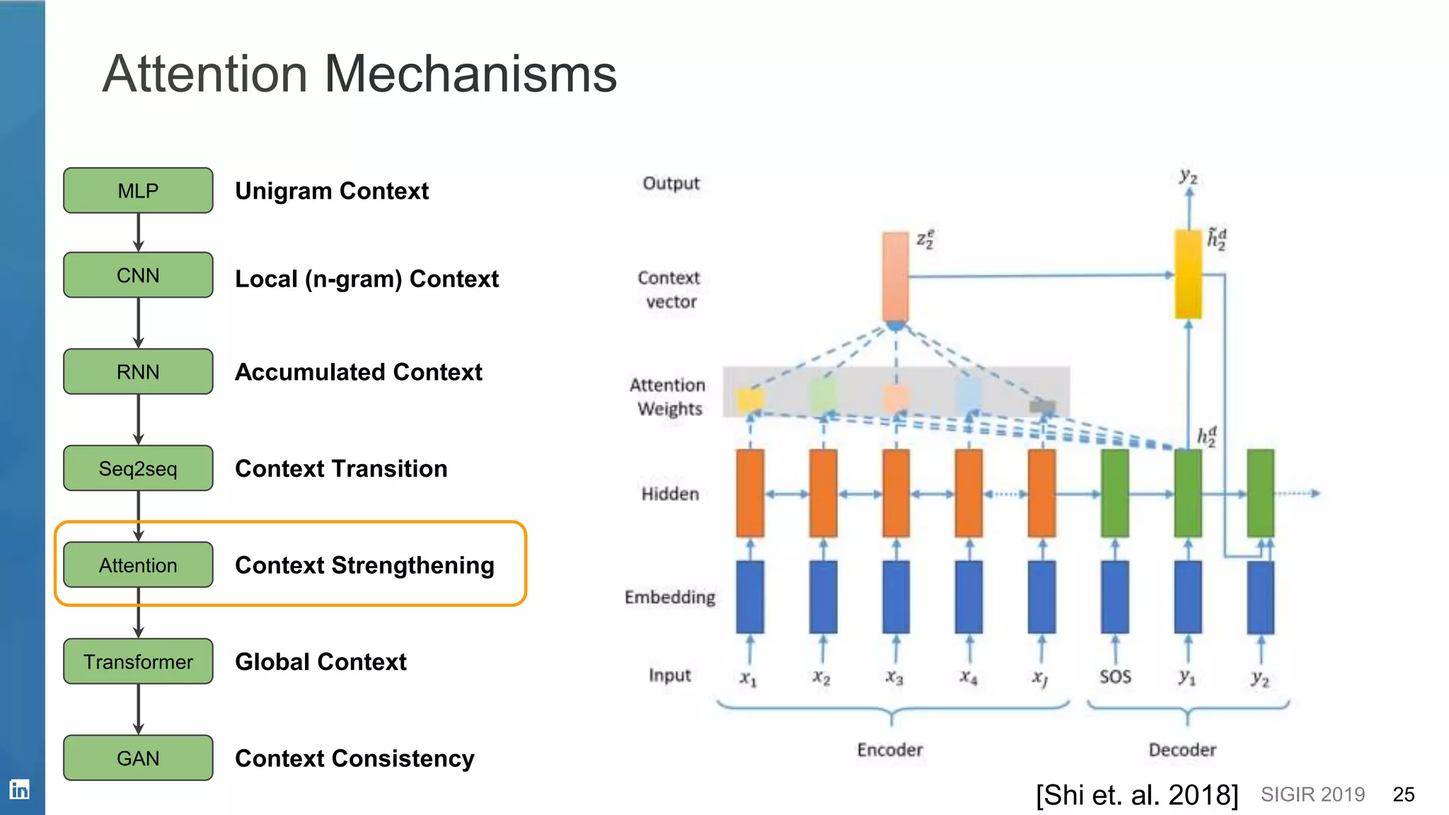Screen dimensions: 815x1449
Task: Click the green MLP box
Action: [x=138, y=190]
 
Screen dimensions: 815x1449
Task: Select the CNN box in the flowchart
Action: [x=138, y=275]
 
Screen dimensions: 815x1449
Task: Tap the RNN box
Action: [x=138, y=371]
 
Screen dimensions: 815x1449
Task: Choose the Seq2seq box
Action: [x=138, y=468]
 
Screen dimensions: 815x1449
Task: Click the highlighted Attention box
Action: [x=138, y=565]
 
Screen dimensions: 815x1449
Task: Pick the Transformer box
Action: [x=138, y=661]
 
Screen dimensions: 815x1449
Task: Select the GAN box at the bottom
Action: [x=138, y=758]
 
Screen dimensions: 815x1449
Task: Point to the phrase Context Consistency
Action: [x=354, y=758]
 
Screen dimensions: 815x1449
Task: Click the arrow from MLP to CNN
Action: [x=139, y=232]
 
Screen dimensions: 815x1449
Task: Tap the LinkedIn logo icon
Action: [x=20, y=789]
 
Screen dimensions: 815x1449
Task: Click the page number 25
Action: [x=1403, y=794]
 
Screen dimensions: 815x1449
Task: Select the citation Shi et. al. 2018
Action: [x=1137, y=795]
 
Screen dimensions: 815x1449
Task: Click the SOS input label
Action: [x=1115, y=677]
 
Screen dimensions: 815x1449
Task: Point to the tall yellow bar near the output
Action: [x=1188, y=274]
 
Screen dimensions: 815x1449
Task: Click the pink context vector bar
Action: [x=895, y=277]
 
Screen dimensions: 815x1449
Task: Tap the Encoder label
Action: [x=889, y=750]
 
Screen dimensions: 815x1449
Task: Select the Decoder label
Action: [x=1182, y=750]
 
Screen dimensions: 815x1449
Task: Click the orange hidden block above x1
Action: [x=750, y=493]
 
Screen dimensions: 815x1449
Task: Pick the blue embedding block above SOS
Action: [x=1115, y=597]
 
